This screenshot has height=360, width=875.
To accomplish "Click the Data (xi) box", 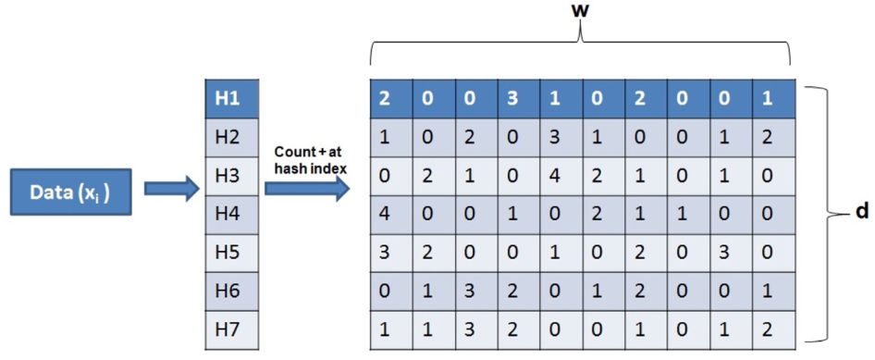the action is [71, 192].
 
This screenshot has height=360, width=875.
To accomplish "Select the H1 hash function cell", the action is [231, 99].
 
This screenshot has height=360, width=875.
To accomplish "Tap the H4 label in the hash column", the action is [228, 215].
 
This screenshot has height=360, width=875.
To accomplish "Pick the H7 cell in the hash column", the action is [231, 330].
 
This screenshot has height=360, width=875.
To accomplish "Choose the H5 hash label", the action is [228, 253].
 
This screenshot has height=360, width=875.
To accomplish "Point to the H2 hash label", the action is [228, 137].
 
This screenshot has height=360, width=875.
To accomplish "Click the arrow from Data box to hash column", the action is [171, 189].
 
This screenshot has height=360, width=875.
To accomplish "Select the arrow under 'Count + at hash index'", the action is [307, 190].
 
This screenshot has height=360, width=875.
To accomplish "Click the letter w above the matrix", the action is [581, 11].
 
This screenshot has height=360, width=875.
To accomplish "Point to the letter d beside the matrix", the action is [860, 213].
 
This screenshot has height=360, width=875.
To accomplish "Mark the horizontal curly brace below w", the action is [581, 43].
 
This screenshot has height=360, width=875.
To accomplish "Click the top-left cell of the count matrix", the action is [391, 99].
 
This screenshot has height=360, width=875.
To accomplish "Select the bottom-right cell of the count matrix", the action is [773, 330].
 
